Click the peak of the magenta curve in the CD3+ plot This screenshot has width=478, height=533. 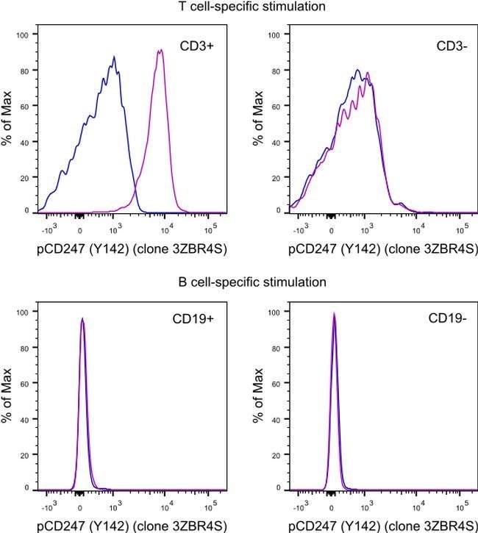(160, 50)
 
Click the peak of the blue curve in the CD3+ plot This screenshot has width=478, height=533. (114, 57)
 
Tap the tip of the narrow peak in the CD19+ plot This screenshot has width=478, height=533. (82, 318)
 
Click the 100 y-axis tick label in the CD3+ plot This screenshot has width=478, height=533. (23, 35)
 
